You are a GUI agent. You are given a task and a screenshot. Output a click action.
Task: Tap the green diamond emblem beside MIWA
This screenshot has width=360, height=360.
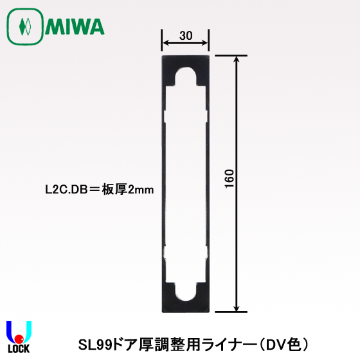click(26, 27)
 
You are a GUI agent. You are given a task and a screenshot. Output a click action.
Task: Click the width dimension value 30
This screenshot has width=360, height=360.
click(186, 35)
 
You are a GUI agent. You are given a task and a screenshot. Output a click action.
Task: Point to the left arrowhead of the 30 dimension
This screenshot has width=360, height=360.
click(165, 44)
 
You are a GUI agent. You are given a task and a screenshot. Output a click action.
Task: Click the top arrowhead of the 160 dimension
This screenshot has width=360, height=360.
click(238, 60)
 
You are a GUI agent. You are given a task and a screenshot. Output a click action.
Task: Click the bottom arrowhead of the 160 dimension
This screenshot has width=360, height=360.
click(238, 309)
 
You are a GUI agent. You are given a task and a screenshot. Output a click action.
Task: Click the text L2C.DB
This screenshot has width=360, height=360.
click(62, 190)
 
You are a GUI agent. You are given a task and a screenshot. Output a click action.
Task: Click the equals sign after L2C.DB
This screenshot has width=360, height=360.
click(91, 190)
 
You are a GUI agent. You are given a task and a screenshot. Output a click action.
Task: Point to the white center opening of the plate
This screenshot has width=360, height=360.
click(186, 183)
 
